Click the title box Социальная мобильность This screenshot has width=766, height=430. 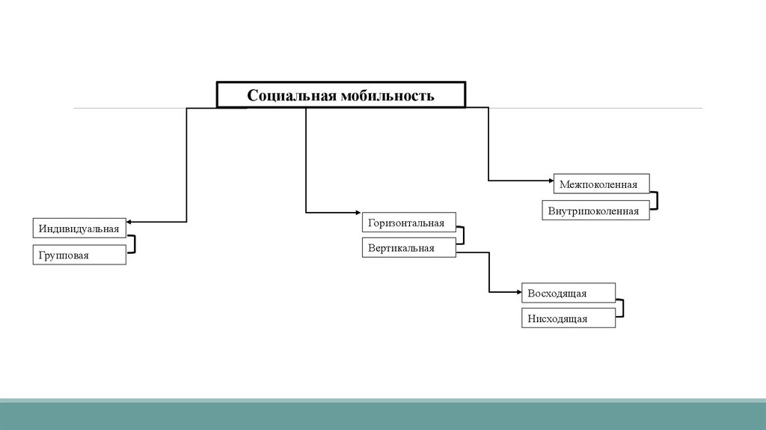pyautogui.click(x=341, y=95)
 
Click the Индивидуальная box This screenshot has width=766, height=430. pyautogui.click(x=79, y=228)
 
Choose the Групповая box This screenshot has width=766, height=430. pyautogui.click(x=79, y=255)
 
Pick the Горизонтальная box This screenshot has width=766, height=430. pyautogui.click(x=408, y=222)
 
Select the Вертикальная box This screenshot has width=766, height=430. pyautogui.click(x=408, y=248)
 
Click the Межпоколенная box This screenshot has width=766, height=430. pyautogui.click(x=601, y=184)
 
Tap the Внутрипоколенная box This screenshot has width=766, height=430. pyautogui.click(x=595, y=211)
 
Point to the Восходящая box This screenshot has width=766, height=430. pyautogui.click(x=569, y=292)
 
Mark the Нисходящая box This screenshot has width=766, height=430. pyautogui.click(x=569, y=318)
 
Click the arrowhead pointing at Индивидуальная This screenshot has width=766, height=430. pyautogui.click(x=130, y=222)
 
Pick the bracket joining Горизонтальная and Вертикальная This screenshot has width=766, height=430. pyautogui.click(x=463, y=236)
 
